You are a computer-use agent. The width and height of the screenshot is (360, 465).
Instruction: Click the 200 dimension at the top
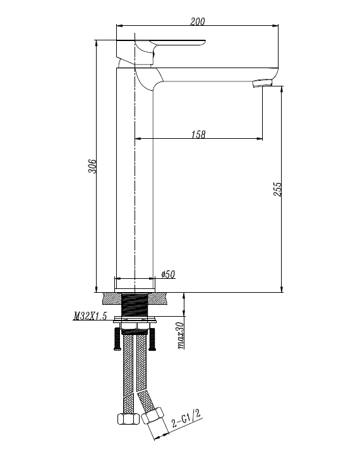click(x=197, y=21)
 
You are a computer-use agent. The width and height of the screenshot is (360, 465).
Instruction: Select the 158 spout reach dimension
click(x=198, y=134)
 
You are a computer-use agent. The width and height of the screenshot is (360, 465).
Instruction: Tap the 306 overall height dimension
click(x=92, y=167)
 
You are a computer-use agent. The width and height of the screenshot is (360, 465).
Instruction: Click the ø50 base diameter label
click(x=168, y=274)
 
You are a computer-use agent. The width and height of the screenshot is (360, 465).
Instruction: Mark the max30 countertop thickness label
click(x=180, y=335)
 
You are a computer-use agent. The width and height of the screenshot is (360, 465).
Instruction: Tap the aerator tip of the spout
click(x=262, y=83)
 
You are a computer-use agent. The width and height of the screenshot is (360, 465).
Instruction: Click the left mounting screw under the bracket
click(x=116, y=339)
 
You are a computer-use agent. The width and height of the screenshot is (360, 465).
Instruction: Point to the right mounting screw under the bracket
click(x=152, y=339)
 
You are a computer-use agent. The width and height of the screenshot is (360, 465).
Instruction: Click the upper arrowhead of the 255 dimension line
click(x=282, y=88)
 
